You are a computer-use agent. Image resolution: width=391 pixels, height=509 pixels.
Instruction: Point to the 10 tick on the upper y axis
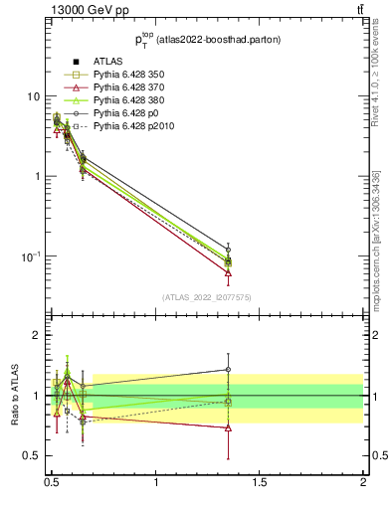coord(33,96)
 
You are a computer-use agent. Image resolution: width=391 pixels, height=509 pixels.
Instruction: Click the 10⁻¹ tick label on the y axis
coord(30,256)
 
